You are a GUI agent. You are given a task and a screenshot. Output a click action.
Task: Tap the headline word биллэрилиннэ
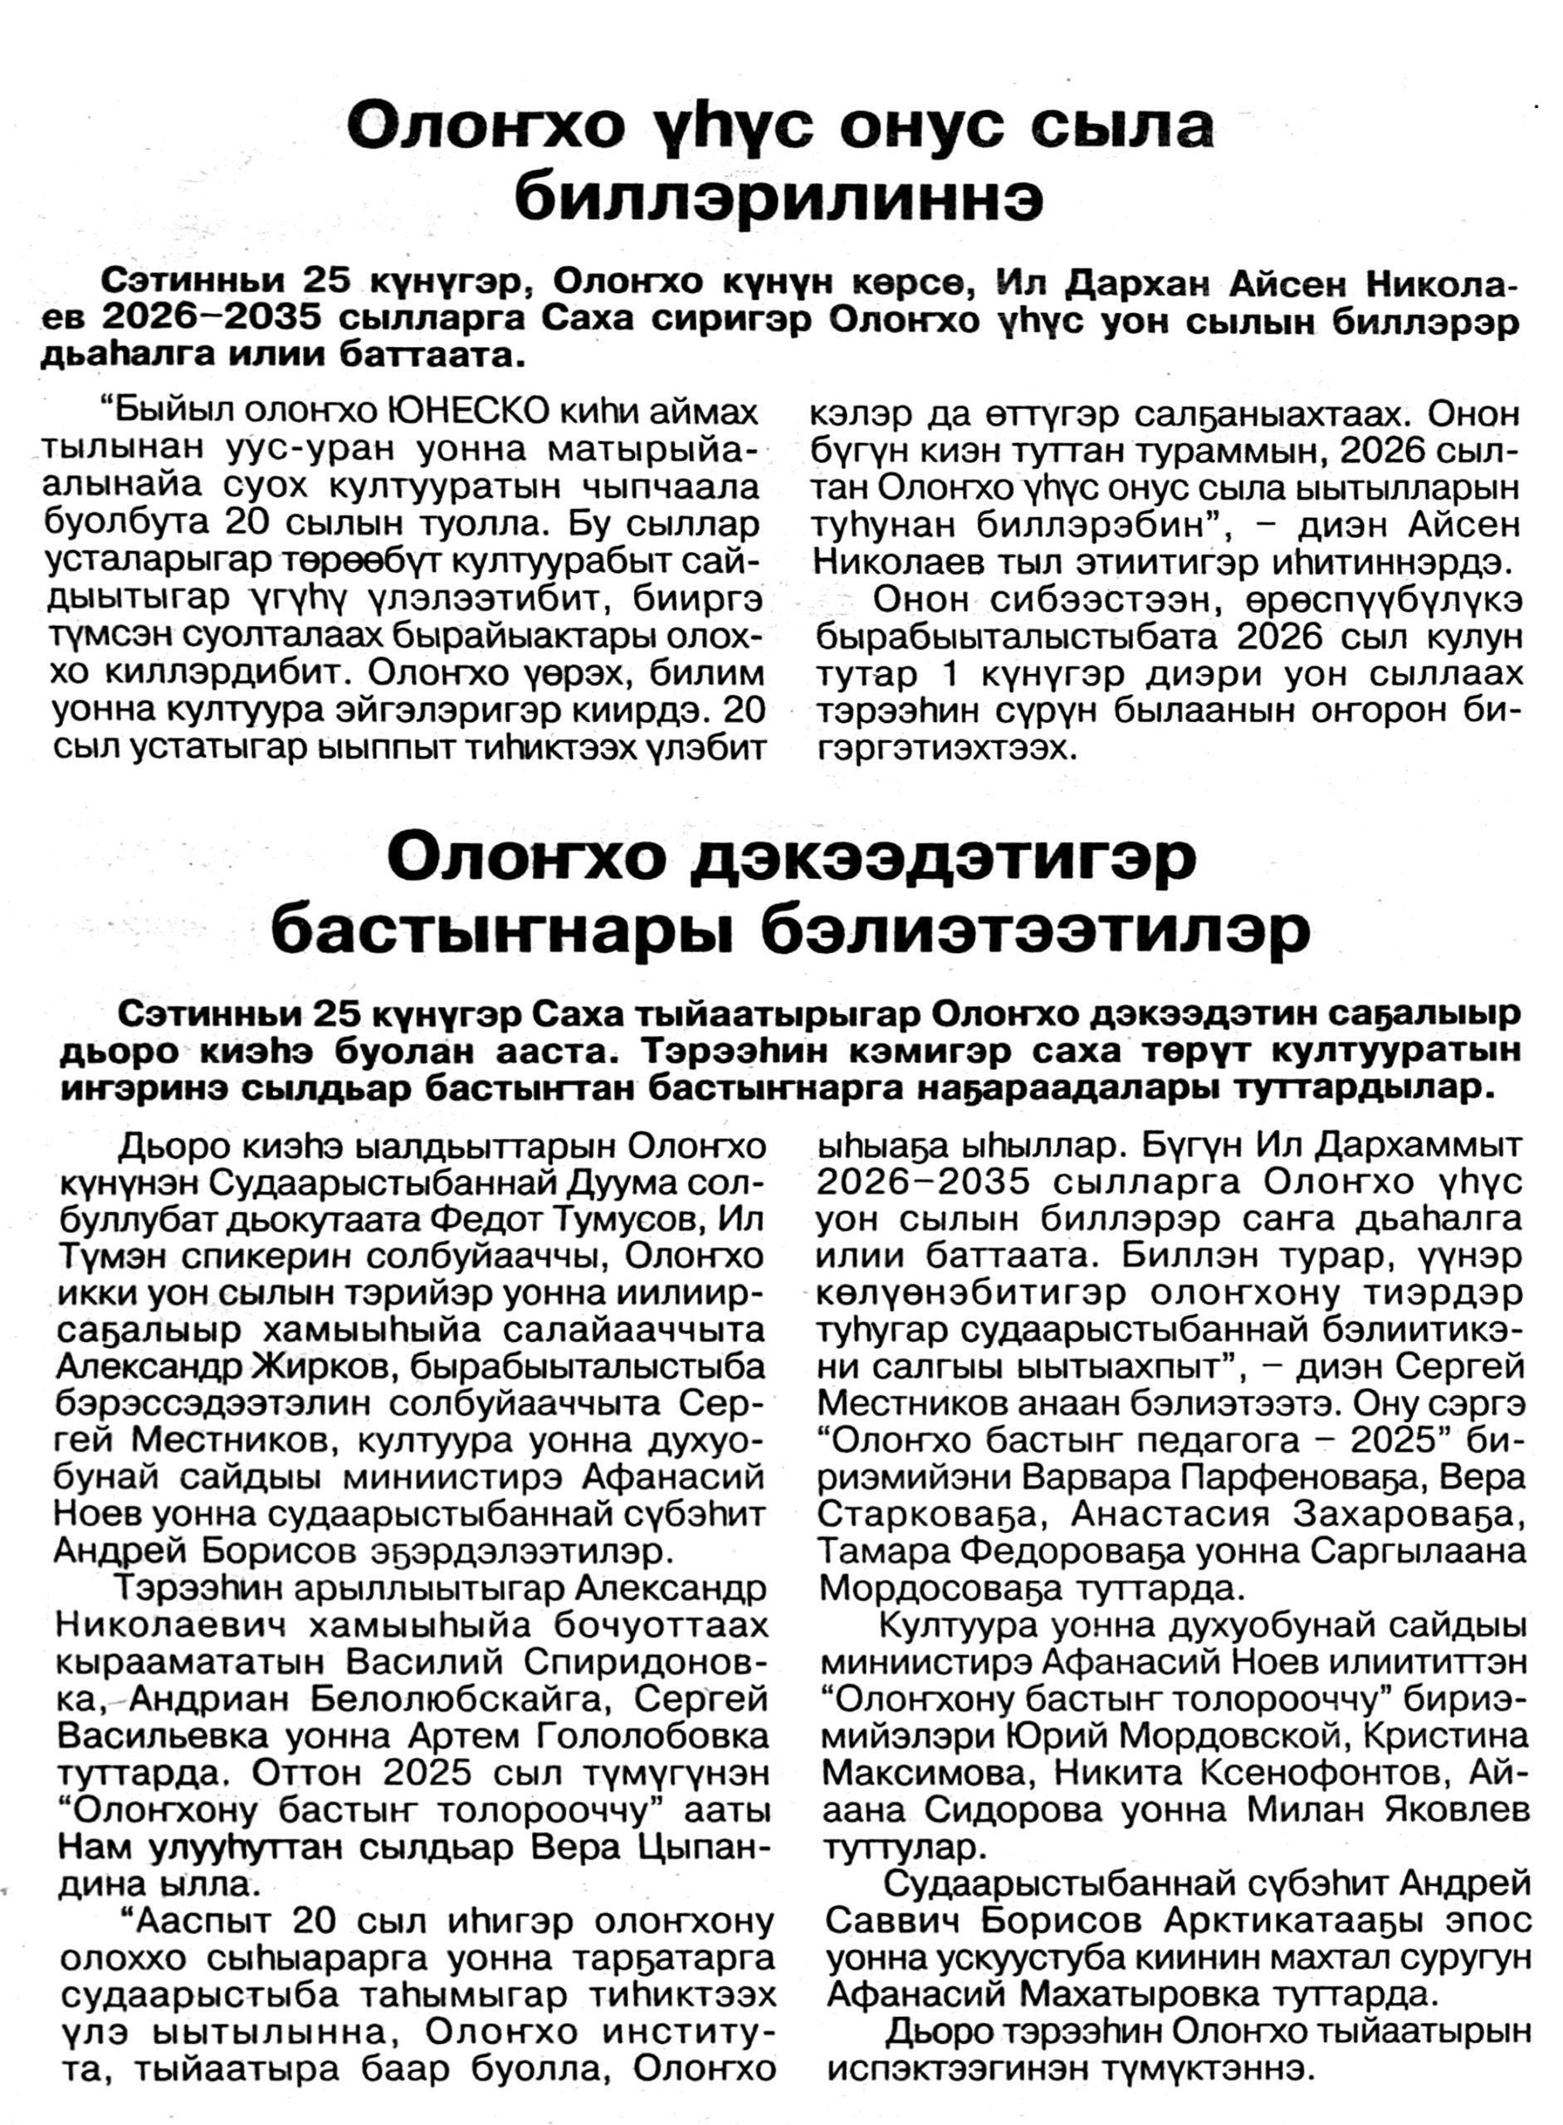click(x=779, y=196)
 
